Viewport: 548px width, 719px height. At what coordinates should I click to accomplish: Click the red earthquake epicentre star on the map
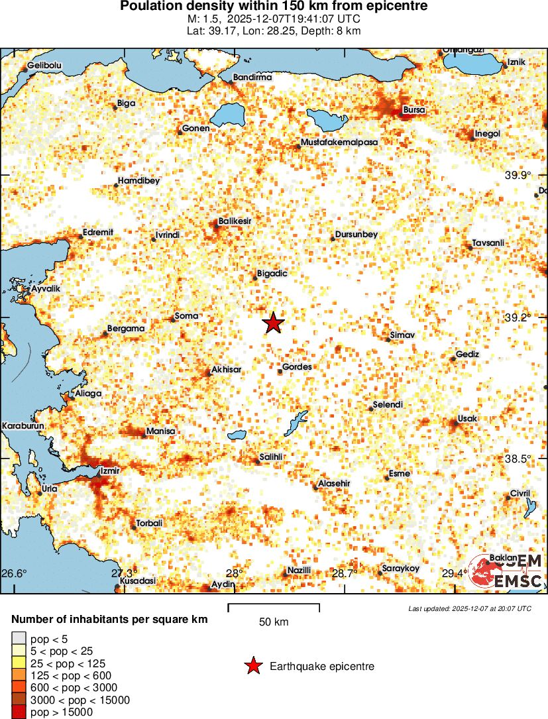(x=273, y=323)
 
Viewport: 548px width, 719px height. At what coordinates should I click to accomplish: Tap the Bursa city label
(x=414, y=110)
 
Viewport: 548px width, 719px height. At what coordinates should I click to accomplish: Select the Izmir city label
(x=109, y=471)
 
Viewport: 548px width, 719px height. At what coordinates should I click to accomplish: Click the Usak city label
(x=467, y=419)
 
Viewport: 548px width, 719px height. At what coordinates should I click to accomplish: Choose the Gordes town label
(x=297, y=366)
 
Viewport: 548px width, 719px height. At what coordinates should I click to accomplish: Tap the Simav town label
(x=402, y=335)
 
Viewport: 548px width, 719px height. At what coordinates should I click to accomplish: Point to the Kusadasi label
(x=138, y=581)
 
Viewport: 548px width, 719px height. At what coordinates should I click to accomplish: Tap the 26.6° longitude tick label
(x=14, y=573)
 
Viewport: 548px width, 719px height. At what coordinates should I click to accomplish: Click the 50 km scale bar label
(x=274, y=622)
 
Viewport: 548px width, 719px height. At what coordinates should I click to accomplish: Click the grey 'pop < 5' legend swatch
(x=18, y=638)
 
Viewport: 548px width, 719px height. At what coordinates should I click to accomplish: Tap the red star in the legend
(x=252, y=667)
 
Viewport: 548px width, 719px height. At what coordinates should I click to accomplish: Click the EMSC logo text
(x=518, y=581)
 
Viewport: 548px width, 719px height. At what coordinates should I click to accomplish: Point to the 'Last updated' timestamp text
(x=470, y=608)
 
